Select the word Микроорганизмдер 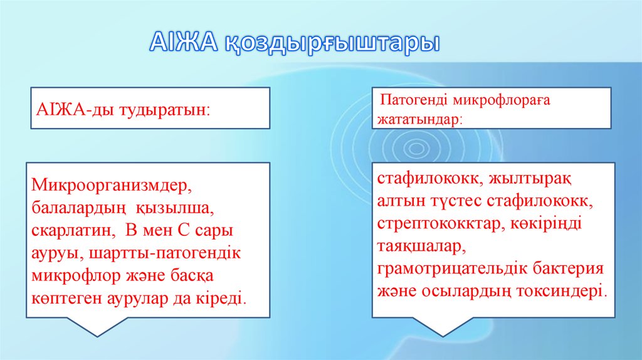pos(110,186)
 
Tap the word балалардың pos(76,207)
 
